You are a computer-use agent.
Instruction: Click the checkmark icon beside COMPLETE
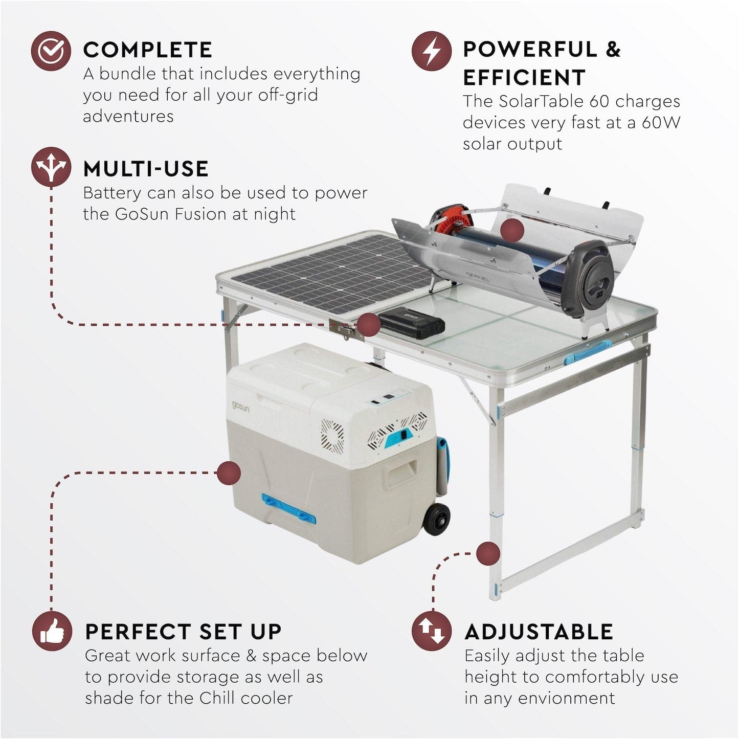(51, 51)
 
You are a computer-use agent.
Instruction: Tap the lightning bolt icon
(432, 51)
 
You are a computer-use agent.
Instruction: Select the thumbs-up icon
(52, 631)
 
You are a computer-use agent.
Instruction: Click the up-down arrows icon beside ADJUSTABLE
(432, 631)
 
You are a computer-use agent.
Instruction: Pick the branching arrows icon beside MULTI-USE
(51, 167)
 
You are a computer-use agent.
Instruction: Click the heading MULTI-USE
(146, 169)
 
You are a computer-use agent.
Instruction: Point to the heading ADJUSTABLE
(539, 632)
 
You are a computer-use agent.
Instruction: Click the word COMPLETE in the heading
(147, 50)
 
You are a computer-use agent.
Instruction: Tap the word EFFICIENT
(524, 78)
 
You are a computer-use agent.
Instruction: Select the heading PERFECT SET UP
(183, 632)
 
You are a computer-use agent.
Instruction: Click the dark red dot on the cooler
(229, 473)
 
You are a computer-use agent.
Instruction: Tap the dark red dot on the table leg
(488, 554)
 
